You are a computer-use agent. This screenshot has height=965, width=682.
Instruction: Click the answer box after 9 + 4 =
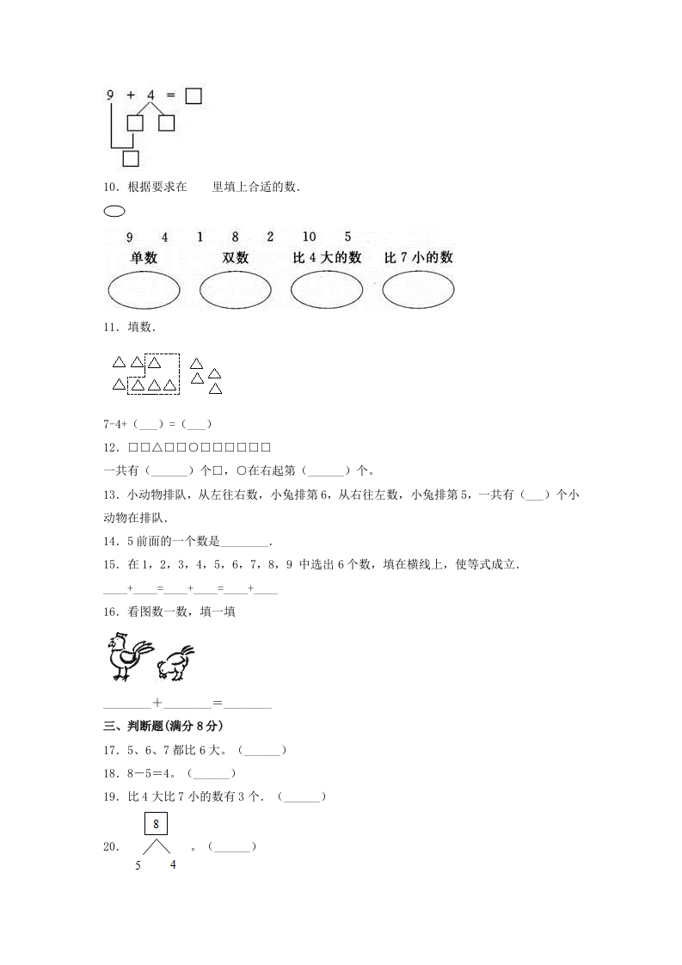pos(194,95)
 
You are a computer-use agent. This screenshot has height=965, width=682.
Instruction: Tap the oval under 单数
pos(144,290)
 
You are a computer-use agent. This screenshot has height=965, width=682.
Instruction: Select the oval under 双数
pos(235,290)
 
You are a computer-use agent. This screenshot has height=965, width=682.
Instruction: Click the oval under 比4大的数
pos(327,290)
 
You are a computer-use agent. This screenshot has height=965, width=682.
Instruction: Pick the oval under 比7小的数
pos(418,290)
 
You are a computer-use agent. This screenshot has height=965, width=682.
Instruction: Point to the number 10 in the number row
pos(310,237)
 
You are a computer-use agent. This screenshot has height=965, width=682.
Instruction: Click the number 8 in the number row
pos(234,237)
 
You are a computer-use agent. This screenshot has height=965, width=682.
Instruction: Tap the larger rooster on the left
pos(126,656)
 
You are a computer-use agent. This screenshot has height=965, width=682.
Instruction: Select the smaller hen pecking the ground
pos(175,663)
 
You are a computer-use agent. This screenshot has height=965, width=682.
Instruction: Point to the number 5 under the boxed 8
pos(138,865)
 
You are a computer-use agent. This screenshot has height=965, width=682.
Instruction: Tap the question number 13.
pos(109,495)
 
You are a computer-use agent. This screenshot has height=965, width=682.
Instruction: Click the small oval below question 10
pos(114,211)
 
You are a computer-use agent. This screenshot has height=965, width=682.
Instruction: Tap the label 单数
pos(144,257)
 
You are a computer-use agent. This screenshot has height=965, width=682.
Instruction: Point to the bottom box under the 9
pos(131,158)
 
